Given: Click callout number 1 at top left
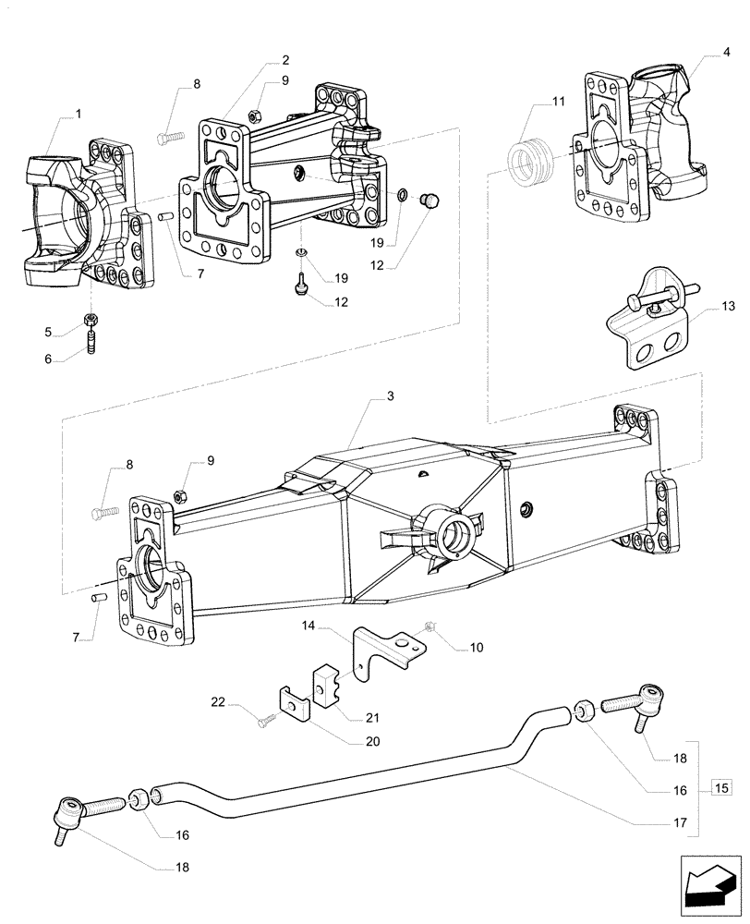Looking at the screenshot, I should [x=78, y=114].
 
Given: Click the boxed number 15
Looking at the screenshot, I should [x=722, y=787].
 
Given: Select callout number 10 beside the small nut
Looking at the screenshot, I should [x=477, y=649].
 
